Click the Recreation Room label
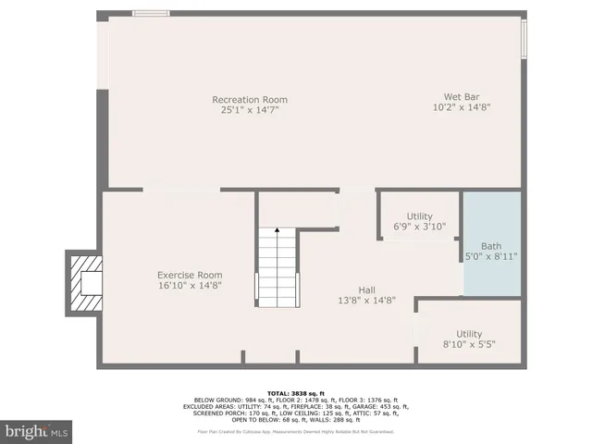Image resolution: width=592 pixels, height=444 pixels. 250,100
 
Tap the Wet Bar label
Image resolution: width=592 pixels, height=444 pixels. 461,95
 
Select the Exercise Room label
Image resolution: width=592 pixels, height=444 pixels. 190,275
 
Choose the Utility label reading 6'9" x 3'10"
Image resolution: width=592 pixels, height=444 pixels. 419,216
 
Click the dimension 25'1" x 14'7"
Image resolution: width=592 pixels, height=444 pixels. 250,110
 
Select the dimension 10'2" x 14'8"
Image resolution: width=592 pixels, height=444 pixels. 461,106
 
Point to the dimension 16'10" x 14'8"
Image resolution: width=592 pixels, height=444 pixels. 190,286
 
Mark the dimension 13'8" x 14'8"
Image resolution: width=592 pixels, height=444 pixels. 367,300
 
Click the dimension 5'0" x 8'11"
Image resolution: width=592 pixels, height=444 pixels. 491,256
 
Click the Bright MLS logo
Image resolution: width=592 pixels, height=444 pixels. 37,431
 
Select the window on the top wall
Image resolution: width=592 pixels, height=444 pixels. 150,13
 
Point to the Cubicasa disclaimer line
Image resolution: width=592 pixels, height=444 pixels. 296,431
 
